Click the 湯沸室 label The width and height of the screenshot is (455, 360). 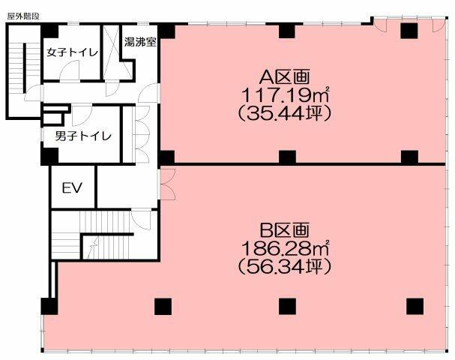(x=140, y=43)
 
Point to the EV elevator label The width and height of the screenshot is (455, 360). (x=72, y=187)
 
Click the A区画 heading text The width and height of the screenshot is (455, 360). (x=284, y=77)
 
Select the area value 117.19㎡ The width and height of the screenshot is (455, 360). (x=284, y=95)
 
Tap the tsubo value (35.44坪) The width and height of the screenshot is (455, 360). (x=284, y=114)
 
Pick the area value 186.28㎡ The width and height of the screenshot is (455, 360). (x=284, y=247)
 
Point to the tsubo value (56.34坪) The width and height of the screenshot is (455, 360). (x=284, y=266)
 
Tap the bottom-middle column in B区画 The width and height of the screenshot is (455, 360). (x=286, y=306)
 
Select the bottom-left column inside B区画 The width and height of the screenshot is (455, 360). (x=162, y=306)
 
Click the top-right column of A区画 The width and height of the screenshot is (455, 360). (x=409, y=30)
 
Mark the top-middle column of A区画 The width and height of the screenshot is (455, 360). (x=286, y=30)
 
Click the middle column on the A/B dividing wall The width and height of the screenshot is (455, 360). (x=286, y=157)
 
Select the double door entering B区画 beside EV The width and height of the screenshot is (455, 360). (x=166, y=184)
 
